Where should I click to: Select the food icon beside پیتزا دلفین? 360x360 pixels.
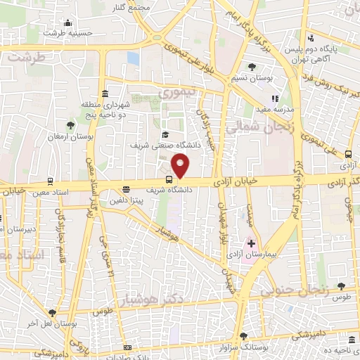tap(126, 188)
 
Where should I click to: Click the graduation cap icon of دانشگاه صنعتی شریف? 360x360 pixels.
tap(165, 135)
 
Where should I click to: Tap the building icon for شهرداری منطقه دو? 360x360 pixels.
tap(105, 94)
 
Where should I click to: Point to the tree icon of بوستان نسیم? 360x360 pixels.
tap(252, 67)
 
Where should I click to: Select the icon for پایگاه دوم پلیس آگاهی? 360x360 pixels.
tap(310, 39)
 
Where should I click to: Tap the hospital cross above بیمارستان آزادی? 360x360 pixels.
tap(251, 243)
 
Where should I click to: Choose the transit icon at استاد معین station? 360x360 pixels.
tap(50, 180)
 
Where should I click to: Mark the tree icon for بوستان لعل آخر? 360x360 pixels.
tap(52, 314)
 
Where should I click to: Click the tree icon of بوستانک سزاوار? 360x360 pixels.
tap(243, 336)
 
